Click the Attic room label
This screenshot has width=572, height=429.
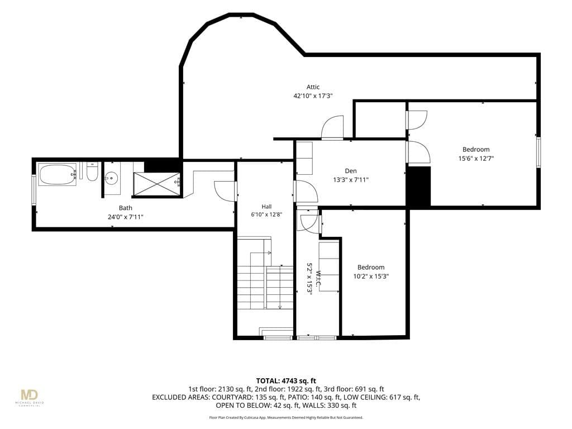pyautogui.click(x=313, y=87)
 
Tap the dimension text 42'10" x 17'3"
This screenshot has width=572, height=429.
pyautogui.click(x=313, y=96)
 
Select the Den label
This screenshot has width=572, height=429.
pyautogui.click(x=351, y=171)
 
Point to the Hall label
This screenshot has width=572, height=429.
pyautogui.click(x=266, y=207)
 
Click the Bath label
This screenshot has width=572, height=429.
pyautogui.click(x=126, y=208)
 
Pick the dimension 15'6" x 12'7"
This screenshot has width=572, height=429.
pyautogui.click(x=476, y=158)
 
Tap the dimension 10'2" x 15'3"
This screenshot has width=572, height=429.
pyautogui.click(x=371, y=276)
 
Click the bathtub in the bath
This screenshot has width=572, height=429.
pyautogui.click(x=58, y=175)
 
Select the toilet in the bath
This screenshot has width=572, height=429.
pyautogui.click(x=92, y=171)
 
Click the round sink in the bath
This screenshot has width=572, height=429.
pyautogui.click(x=111, y=178)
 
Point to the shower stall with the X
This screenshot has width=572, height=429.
pyautogui.click(x=156, y=184)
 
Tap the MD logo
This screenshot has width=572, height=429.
pyautogui.click(x=29, y=395)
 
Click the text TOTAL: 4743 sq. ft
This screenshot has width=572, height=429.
pyautogui.click(x=286, y=381)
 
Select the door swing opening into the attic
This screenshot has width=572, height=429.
pyautogui.click(x=332, y=127)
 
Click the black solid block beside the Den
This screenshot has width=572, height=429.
pyautogui.click(x=419, y=187)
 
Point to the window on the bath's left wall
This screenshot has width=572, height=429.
pyautogui.click(x=34, y=190)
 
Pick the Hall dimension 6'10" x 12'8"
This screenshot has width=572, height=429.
pyautogui.click(x=266, y=214)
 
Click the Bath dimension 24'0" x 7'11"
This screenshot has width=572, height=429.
pyautogui.click(x=126, y=217)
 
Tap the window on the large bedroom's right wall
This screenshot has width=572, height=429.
pyautogui.click(x=538, y=152)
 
